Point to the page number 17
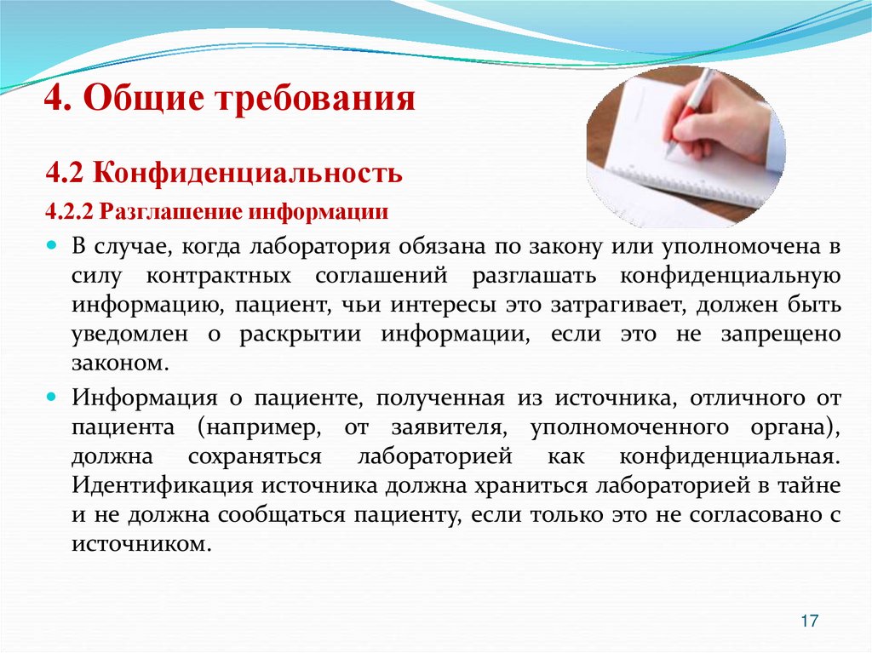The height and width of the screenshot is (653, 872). (809, 621)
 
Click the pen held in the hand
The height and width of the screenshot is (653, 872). (690, 111)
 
